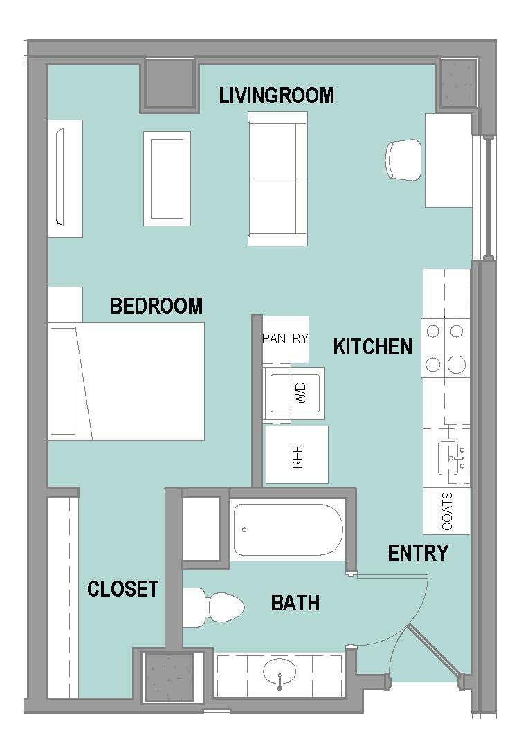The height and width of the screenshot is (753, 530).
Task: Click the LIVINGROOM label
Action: (x=277, y=95)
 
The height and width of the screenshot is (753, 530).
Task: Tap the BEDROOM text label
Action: (x=156, y=306)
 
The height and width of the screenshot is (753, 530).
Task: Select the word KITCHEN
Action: (x=373, y=347)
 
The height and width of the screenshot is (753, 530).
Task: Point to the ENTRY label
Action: (x=418, y=553)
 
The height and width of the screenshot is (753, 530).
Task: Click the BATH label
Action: (x=295, y=603)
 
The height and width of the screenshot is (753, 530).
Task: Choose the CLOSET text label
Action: (x=123, y=589)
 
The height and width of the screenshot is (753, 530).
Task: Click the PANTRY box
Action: (x=286, y=339)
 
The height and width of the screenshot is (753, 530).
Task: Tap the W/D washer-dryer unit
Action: (x=294, y=394)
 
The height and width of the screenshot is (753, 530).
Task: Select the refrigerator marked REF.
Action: (x=297, y=454)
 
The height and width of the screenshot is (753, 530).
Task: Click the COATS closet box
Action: (x=446, y=511)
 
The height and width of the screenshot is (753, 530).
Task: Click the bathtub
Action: (x=288, y=529)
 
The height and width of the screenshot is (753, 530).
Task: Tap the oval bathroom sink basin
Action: (x=280, y=671)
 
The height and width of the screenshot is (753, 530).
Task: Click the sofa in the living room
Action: (x=277, y=179)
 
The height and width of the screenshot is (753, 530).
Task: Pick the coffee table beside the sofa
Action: (x=167, y=179)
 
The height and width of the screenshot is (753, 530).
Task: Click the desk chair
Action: (x=403, y=160)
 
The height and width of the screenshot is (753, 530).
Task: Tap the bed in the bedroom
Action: (x=127, y=381)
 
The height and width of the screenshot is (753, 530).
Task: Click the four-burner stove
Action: (x=445, y=347)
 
